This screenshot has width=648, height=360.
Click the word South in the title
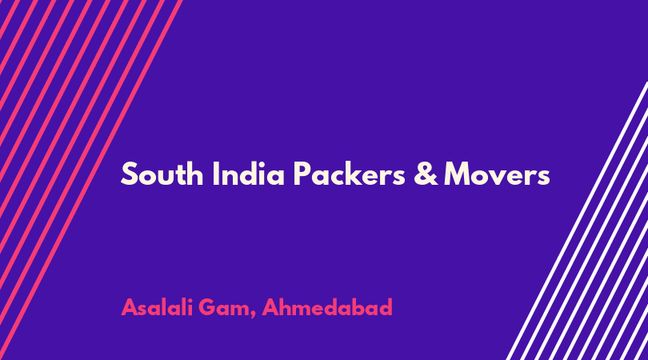pyautogui.click(x=162, y=174)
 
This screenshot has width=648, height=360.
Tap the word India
pyautogui.click(x=248, y=174)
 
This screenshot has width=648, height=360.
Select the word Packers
pyautogui.click(x=350, y=174)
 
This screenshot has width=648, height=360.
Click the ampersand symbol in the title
pyautogui.click(x=426, y=174)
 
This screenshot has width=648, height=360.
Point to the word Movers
pyautogui.click(x=497, y=174)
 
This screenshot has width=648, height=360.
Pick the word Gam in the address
pyautogui.click(x=227, y=308)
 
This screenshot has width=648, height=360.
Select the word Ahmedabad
pyautogui.click(x=327, y=307)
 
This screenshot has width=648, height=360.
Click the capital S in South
pyautogui.click(x=129, y=174)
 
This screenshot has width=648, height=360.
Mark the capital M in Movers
pyautogui.click(x=458, y=174)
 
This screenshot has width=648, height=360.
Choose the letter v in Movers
pyautogui.click(x=501, y=177)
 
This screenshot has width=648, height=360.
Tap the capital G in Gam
pyautogui.click(x=209, y=307)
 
